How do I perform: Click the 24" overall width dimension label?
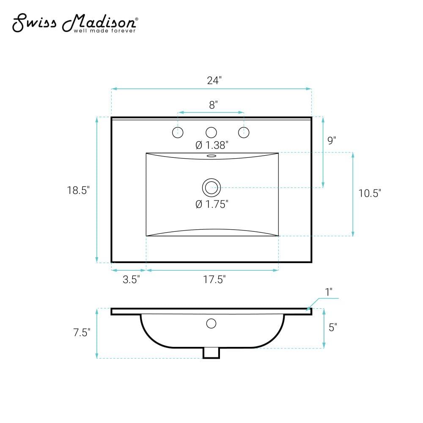click(214, 80)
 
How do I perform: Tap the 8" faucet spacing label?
click(213, 105)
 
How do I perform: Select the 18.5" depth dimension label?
click(78, 190)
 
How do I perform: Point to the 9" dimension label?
click(332, 140)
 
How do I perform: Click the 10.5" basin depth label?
click(370, 193)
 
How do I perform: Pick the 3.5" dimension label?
click(132, 280)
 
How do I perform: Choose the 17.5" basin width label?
click(214, 280)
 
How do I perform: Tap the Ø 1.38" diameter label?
click(212, 145)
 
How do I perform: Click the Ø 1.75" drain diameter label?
click(212, 204)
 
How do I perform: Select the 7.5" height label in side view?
click(82, 332)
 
